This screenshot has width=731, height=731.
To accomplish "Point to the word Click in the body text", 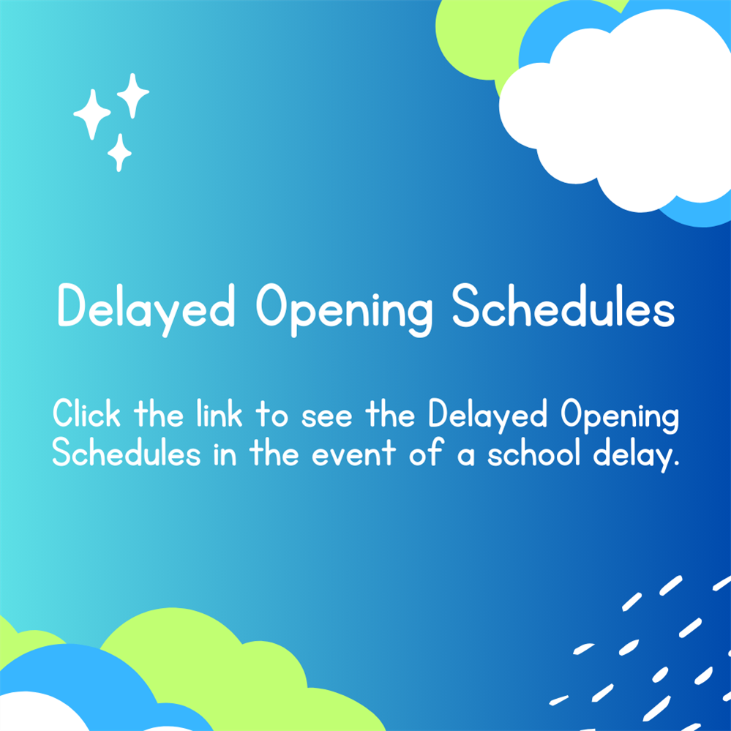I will pyautogui.click(x=86, y=415).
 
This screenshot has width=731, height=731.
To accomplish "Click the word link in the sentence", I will pyautogui.click(x=221, y=415).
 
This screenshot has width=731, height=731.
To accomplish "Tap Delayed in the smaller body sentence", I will pyautogui.click(x=488, y=416).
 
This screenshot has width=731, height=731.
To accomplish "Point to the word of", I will pyautogui.click(x=427, y=454).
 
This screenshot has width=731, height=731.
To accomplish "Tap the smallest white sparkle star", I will pyautogui.click(x=119, y=152).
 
